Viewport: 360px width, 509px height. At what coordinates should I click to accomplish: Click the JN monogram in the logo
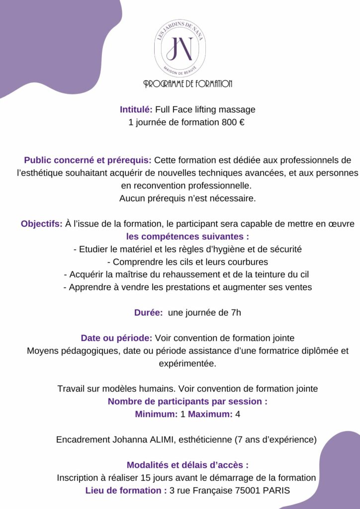[x=180, y=48]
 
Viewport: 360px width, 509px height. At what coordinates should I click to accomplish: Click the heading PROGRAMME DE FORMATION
[x=188, y=84]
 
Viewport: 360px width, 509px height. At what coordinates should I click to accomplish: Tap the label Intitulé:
[x=136, y=109]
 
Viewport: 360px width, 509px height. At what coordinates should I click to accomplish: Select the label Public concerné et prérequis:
[x=88, y=161]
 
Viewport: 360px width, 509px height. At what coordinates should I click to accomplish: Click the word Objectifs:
[x=42, y=224]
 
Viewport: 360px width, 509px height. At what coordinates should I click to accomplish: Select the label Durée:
[x=149, y=313]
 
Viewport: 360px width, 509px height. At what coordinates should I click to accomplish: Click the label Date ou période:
[x=116, y=338]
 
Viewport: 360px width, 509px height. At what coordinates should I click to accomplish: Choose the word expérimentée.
[x=187, y=363]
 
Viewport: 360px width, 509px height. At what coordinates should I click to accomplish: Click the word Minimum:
[x=157, y=414]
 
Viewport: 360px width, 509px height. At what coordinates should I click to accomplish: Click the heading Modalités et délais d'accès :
[x=187, y=465]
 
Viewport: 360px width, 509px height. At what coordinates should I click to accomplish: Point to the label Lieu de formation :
[x=126, y=491]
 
